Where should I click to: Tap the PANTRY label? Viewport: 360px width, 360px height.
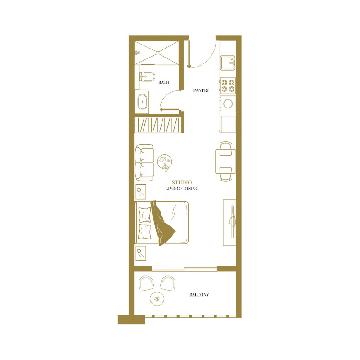coord(201,90)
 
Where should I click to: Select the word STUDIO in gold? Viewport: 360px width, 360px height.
coord(181,182)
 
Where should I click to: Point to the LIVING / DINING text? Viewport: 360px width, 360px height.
coord(182,189)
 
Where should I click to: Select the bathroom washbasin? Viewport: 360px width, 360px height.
coord(143,102)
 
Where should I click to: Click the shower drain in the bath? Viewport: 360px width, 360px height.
coord(158,53)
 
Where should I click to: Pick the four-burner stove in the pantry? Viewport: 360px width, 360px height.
coord(228,85)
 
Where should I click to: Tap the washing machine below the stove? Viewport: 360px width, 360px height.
coord(228,103)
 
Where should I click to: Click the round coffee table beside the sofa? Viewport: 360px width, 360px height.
coord(165,161)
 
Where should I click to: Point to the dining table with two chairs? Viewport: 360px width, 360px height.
coord(225,162)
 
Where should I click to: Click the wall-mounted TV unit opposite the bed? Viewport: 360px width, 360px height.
coord(230,222)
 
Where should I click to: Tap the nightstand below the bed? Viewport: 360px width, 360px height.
coord(141,253)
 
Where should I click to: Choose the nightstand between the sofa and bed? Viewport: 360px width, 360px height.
coord(141,192)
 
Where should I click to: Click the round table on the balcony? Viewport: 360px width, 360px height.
coord(157,298)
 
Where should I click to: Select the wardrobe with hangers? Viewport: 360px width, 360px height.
coord(159,124)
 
